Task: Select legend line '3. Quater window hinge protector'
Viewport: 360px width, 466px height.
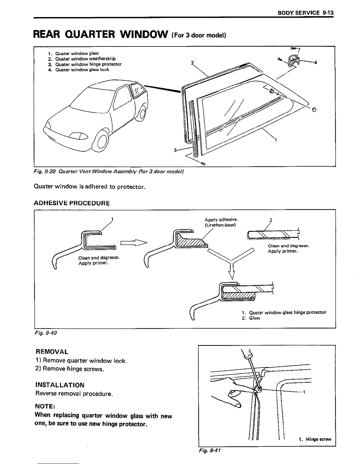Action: [x=85, y=64]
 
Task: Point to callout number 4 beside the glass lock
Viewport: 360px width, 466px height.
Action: [x=316, y=62]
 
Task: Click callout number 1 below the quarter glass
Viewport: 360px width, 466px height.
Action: [x=276, y=140]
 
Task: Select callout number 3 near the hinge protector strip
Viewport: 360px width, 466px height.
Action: [x=175, y=150]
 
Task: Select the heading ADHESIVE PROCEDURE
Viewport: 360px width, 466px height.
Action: [x=72, y=203]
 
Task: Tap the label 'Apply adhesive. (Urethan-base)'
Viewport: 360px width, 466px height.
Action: [x=221, y=222]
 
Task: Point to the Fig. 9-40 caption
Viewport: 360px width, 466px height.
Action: [x=45, y=333]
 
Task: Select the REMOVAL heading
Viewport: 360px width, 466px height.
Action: [x=52, y=352]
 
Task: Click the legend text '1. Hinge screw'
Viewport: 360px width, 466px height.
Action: [x=315, y=439]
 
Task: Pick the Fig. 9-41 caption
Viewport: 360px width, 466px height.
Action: [x=210, y=450]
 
